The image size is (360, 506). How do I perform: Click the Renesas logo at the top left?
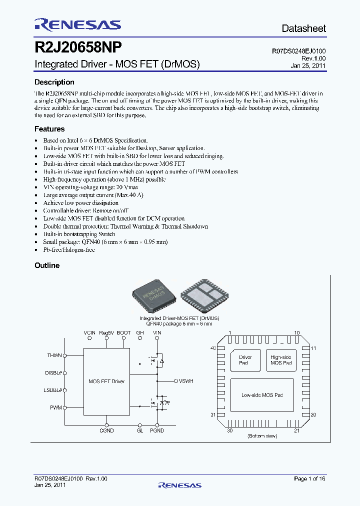[77, 25]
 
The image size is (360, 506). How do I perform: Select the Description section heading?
[54, 82]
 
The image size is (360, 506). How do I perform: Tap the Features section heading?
[49, 129]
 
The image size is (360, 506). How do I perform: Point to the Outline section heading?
[47, 265]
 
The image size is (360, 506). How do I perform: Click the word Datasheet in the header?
[303, 28]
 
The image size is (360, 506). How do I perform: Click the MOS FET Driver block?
[106, 381]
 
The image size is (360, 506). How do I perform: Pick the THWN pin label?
[54, 355]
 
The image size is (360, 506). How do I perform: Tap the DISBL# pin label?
[53, 372]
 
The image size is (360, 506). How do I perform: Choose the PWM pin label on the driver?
[55, 408]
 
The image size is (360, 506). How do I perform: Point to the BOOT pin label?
[124, 333]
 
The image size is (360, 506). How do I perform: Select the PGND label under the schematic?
[157, 430]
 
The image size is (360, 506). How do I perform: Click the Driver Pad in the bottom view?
[245, 360]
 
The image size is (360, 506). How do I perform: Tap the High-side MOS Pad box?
[280, 360]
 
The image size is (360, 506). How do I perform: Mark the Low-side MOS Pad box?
[262, 395]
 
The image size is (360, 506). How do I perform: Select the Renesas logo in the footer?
[179, 485]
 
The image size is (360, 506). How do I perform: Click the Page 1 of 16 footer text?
[309, 479]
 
